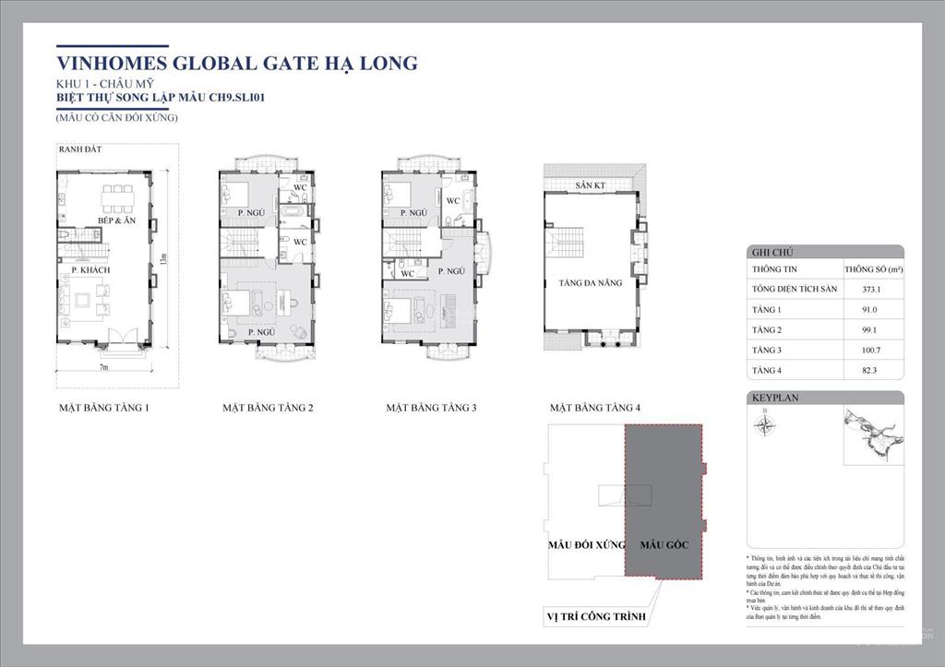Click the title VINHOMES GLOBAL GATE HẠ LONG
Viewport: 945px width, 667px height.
(x=237, y=64)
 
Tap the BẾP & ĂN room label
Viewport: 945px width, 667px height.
(x=118, y=222)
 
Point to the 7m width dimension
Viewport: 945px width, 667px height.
(x=104, y=367)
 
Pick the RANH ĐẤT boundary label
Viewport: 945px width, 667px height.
(x=79, y=149)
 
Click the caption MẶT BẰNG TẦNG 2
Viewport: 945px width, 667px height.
(x=268, y=407)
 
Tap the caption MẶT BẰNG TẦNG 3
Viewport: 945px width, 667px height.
(x=431, y=407)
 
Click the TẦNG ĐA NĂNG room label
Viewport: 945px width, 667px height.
(x=592, y=283)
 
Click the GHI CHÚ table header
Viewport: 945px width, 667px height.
(x=771, y=251)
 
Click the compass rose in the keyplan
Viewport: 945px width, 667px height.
(x=764, y=425)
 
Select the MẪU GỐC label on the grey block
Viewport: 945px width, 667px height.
(x=664, y=544)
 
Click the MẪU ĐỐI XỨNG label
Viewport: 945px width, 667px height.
(x=587, y=544)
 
